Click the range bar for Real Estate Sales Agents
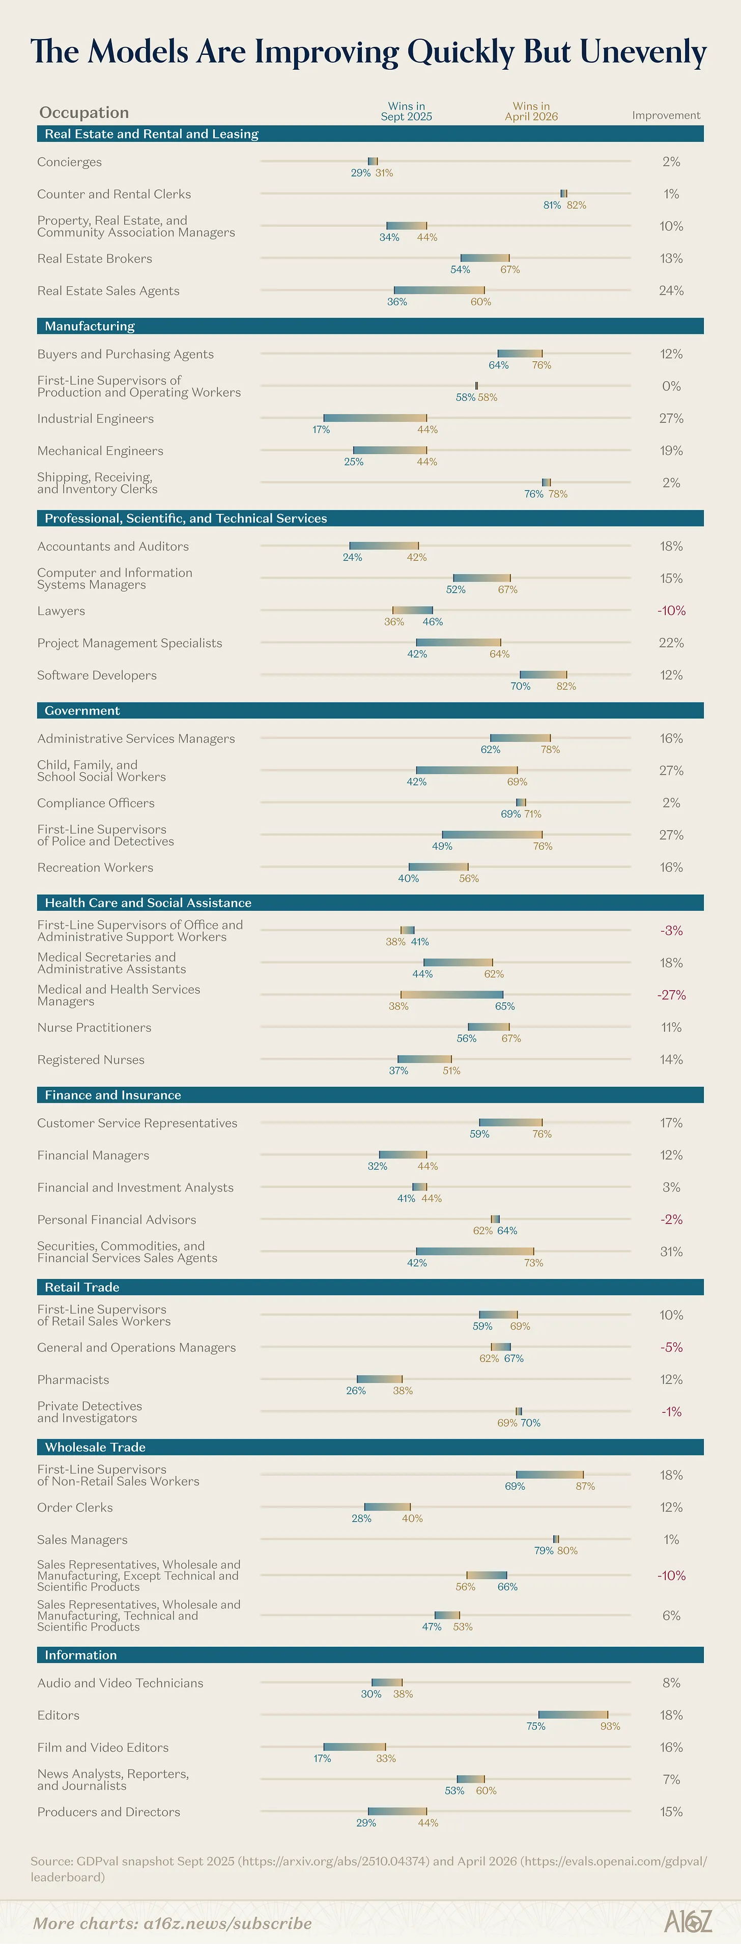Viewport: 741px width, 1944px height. coord(439,290)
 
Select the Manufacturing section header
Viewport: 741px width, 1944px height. coord(90,326)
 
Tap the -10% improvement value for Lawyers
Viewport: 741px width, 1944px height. coord(671,611)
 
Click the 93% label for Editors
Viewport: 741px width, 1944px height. coord(610,1726)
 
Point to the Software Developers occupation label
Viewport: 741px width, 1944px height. coord(97,676)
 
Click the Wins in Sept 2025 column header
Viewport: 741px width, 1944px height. coord(406,112)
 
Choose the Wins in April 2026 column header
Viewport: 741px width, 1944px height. coord(531,112)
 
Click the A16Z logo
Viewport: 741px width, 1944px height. coord(688,1921)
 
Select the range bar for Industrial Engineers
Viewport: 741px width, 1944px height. coord(375,417)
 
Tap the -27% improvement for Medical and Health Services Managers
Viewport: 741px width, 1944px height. coord(671,995)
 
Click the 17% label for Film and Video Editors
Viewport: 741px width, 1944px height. coord(322,1758)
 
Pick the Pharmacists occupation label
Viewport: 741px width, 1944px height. coord(73,1379)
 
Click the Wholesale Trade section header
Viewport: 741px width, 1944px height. coord(95,1447)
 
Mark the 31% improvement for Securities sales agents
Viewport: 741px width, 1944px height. coord(671,1251)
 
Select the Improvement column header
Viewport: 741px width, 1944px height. coord(666,115)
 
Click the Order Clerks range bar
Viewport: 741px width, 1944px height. coord(387,1507)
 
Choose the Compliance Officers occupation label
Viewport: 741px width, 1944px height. coord(96,803)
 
